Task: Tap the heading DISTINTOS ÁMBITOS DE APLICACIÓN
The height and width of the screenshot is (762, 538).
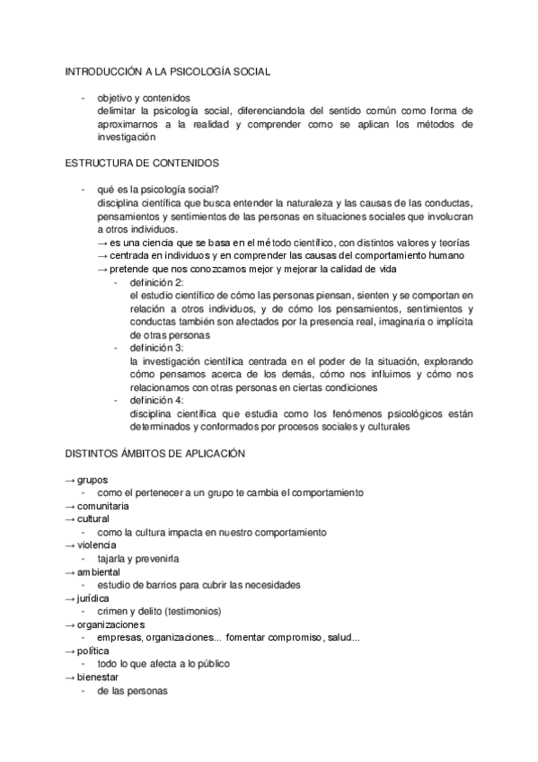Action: point(154,454)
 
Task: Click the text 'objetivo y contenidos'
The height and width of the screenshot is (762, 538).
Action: point(144,98)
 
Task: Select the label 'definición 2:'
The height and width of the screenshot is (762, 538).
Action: point(156,282)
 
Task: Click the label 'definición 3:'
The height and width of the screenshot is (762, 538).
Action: point(156,348)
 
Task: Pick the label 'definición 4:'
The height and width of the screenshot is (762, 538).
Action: point(156,400)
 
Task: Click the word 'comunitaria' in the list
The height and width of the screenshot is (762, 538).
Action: point(102,507)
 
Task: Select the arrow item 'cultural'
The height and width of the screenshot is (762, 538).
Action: point(93,519)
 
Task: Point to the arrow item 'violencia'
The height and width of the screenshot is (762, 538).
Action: point(96,545)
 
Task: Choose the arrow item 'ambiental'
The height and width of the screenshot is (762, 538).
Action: point(99,571)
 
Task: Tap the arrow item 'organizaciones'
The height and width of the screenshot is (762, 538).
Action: point(110,624)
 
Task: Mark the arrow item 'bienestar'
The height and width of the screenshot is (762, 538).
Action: point(98,677)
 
